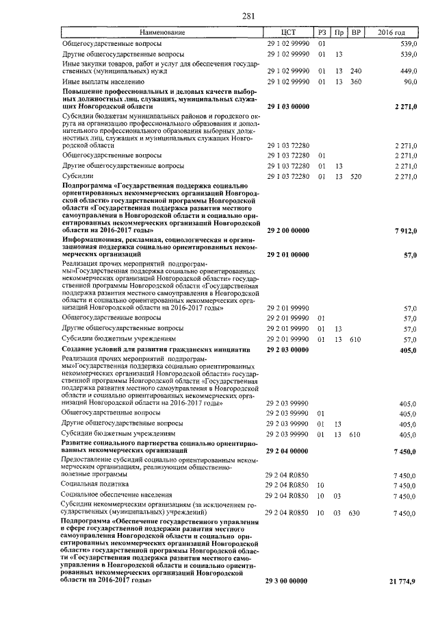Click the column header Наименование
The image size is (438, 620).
[162, 32]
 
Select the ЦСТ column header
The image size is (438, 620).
[287, 32]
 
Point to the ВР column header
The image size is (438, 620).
[355, 32]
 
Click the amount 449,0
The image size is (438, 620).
[408, 71]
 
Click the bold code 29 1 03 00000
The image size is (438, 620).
[287, 108]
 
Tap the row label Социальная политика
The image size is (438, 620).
[89, 484]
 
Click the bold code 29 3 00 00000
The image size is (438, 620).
[287, 581]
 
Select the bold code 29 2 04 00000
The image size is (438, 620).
[287, 452]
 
